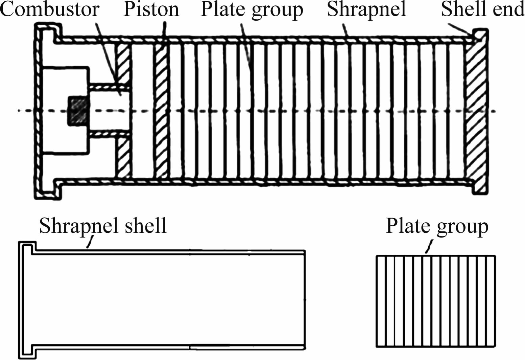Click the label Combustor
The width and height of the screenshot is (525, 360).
click(49, 9)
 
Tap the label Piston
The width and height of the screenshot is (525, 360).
click(151, 9)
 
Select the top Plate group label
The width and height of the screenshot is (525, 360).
click(252, 10)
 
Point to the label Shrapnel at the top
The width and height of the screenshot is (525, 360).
click(366, 10)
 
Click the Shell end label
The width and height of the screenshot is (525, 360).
click(483, 9)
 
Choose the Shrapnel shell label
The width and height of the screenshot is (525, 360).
click(103, 226)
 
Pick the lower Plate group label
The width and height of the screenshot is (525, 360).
click(437, 226)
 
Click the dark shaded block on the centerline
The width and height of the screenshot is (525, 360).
click(78, 110)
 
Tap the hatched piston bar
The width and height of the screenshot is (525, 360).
click(161, 111)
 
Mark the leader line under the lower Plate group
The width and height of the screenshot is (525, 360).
click(429, 246)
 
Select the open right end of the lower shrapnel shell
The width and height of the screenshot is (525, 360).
click(305, 300)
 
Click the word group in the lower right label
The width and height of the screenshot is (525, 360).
click(462, 227)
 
